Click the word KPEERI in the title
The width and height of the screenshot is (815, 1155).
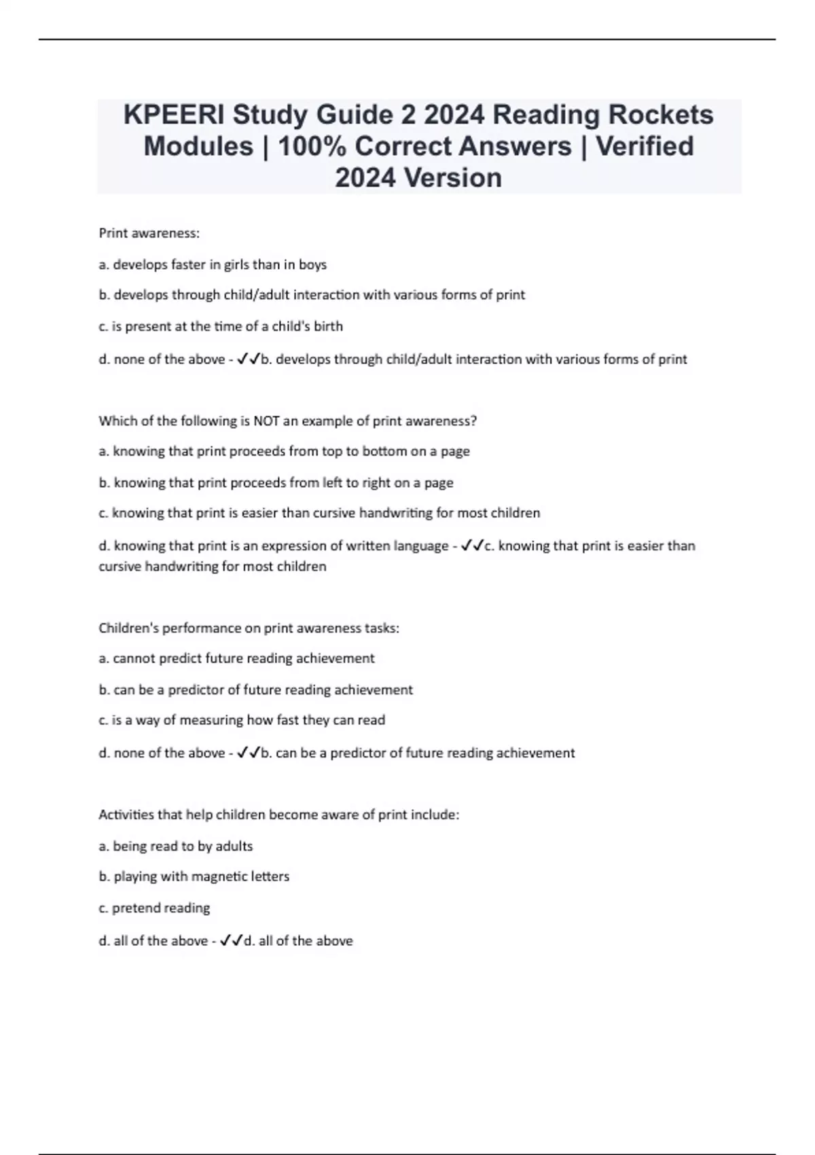point(173,115)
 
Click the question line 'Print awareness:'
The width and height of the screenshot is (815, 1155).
point(149,233)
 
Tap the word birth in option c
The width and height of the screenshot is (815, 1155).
point(329,326)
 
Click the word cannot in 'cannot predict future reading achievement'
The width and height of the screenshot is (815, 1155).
point(134,658)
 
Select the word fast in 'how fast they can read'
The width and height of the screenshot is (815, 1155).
point(287,720)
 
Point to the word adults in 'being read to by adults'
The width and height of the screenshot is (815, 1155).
point(234,846)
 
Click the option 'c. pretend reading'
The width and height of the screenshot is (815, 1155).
point(154,908)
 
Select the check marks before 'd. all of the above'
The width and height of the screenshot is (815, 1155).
point(231,941)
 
